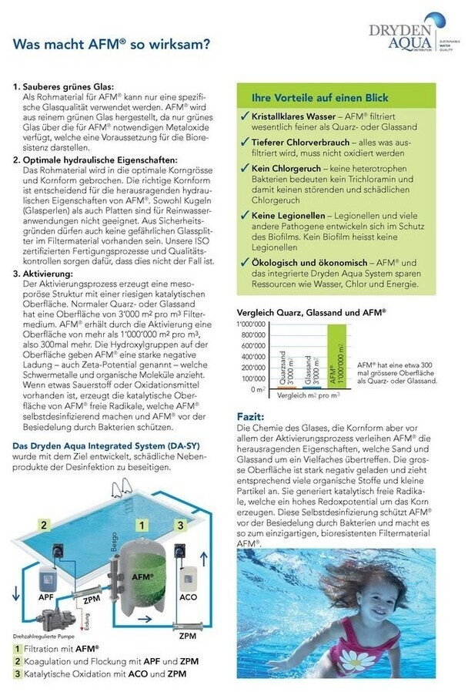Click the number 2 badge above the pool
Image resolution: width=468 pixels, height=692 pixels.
[x=45, y=525]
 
